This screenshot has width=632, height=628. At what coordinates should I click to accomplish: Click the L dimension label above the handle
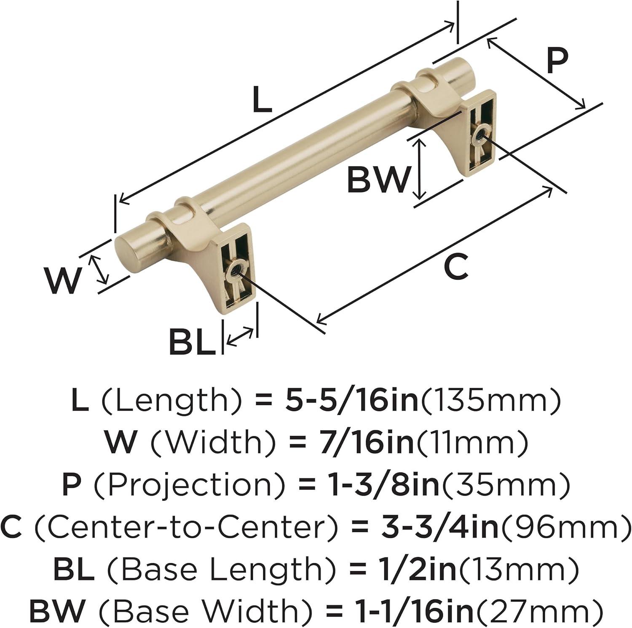(x=262, y=100)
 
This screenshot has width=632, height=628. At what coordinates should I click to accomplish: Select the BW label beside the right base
(x=378, y=180)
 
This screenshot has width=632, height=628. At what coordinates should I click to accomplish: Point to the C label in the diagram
(x=456, y=267)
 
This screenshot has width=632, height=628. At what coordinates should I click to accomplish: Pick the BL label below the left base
(x=192, y=342)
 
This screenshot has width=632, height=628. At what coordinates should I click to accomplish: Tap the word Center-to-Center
(x=185, y=527)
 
